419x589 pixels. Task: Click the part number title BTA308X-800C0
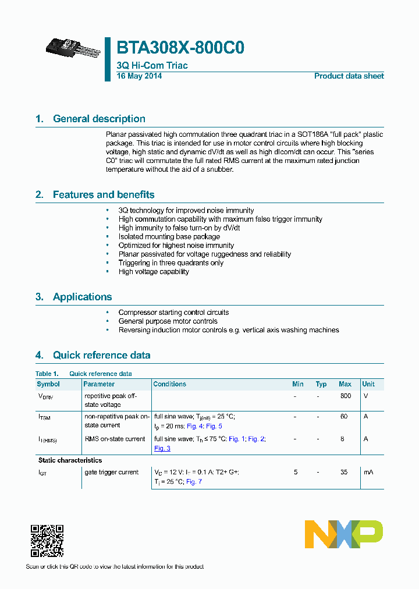tap(180, 48)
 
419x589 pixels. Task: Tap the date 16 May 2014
tap(139, 76)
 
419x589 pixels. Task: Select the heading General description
tap(99, 119)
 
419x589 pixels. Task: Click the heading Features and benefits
tap(104, 194)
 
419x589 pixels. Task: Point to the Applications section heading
tap(82, 297)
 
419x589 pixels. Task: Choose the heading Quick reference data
tap(101, 355)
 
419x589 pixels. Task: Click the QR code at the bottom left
tap(47, 541)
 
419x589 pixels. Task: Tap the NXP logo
tap(344, 534)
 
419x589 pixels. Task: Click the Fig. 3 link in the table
tap(162, 448)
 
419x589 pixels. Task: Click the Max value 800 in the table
tap(345, 396)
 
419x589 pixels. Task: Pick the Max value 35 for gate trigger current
tap(344, 473)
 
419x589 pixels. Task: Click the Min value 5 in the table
tap(296, 473)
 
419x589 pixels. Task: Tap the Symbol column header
tap(48, 384)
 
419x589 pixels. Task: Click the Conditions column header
tap(169, 384)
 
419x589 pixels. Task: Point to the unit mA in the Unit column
tap(368, 473)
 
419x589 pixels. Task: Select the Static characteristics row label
tap(70, 460)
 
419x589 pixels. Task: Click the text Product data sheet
tap(349, 76)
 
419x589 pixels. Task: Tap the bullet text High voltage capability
tap(154, 272)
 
